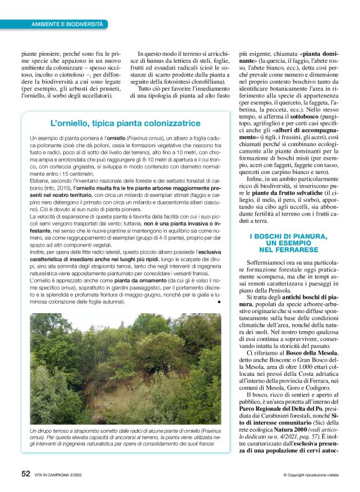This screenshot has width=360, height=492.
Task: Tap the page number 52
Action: click(x=25, y=473)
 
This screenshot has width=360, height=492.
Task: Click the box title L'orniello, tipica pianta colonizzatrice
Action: click(x=125, y=123)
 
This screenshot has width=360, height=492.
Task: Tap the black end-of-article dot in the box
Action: click(x=219, y=301)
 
